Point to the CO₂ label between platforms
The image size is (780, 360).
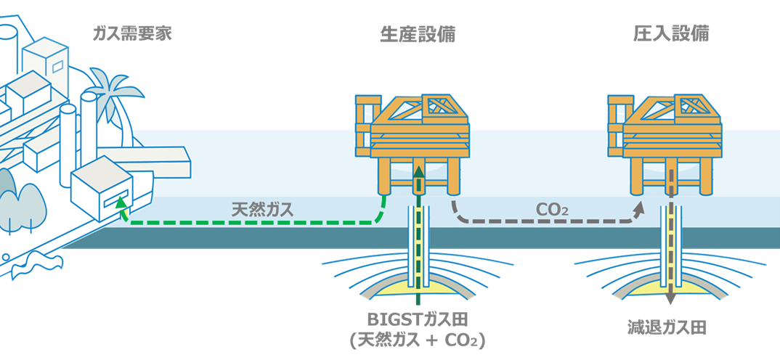[x=551, y=210]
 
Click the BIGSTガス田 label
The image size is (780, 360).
[x=417, y=319]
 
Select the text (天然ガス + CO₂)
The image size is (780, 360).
[x=417, y=340]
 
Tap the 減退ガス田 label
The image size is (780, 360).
[x=667, y=328]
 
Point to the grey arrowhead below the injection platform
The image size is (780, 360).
[x=638, y=209]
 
